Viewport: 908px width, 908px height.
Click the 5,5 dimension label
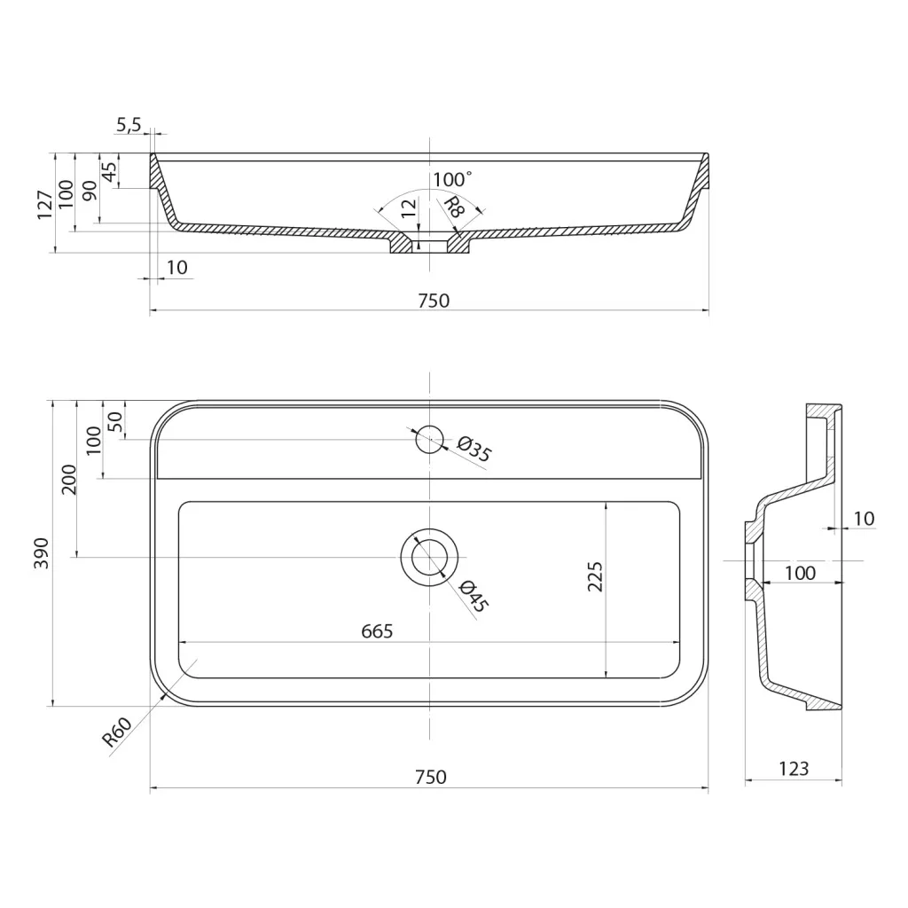[x=129, y=124]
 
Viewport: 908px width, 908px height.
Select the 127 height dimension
[x=45, y=205]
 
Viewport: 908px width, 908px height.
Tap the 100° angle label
[x=452, y=179]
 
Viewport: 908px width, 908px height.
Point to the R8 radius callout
[x=454, y=207]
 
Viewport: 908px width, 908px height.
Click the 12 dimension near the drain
[x=409, y=208]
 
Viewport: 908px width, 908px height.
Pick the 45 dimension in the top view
[x=109, y=172]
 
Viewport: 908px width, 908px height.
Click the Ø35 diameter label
[x=474, y=450]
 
